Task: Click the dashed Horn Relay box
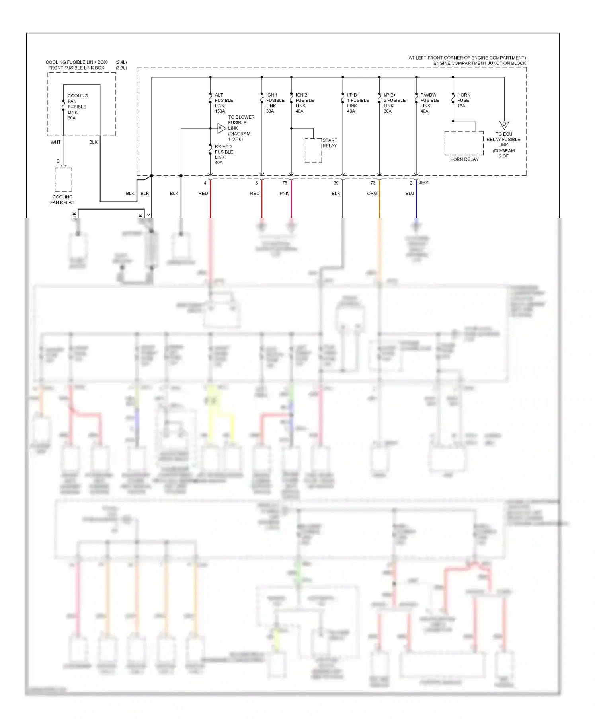coord(464,143)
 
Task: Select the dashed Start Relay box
coord(313,150)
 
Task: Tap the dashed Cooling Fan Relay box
coord(63,180)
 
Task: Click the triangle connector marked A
coord(221,128)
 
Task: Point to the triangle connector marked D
coord(504,125)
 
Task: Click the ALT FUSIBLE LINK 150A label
coord(224,103)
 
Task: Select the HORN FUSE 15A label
coord(464,100)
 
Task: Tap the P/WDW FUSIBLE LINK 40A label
coord(429,103)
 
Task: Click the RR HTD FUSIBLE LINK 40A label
coord(224,154)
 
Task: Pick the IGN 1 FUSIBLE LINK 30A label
coord(275,103)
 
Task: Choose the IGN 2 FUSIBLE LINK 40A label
coord(304,103)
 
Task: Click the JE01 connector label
coord(424,183)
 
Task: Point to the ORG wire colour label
coord(372,194)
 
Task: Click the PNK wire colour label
coord(284,194)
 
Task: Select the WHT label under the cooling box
coord(56,142)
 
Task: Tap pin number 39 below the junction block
coord(336,183)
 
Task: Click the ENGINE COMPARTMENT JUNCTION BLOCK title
coord(479,63)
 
